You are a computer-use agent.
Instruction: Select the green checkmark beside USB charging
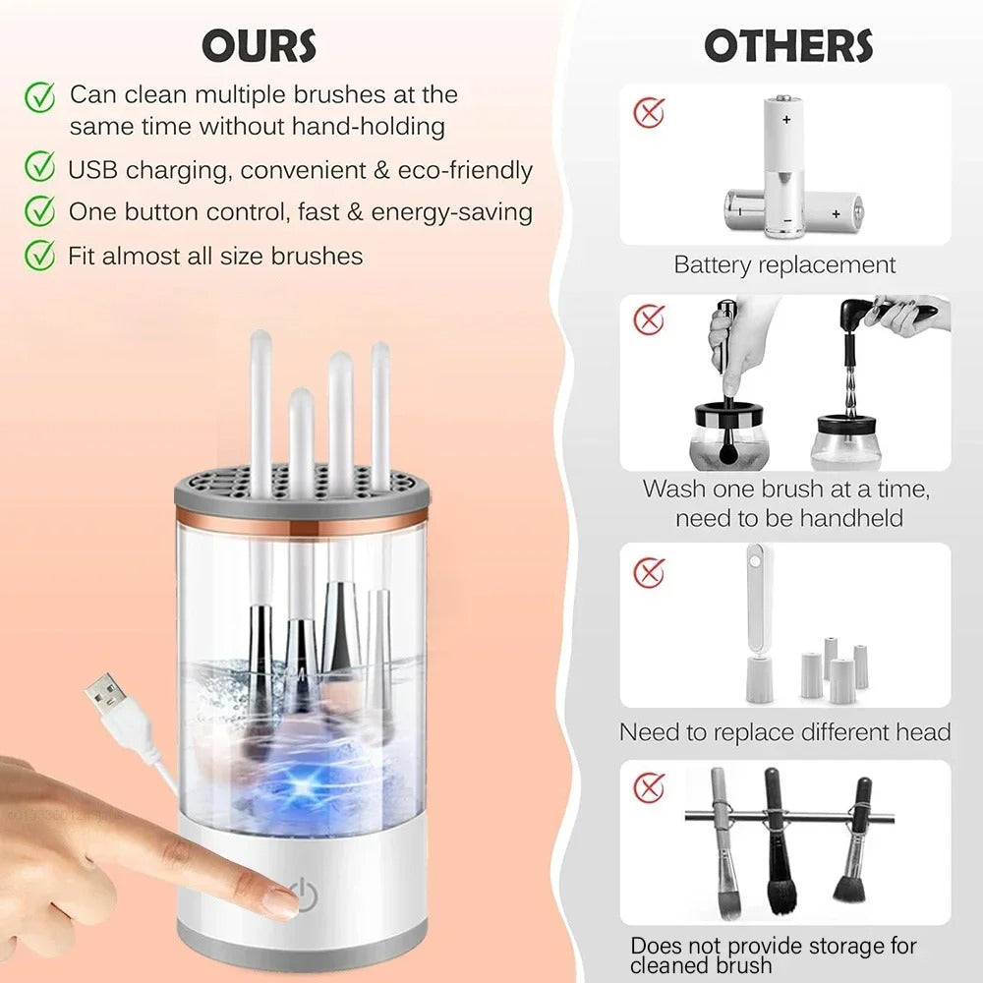click(39, 168)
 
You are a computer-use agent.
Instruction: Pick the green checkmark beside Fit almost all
click(39, 255)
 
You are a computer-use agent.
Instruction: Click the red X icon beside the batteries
click(649, 112)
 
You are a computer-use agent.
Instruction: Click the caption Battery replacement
click(784, 264)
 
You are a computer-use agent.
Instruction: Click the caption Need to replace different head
click(784, 732)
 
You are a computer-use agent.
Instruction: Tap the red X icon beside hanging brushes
click(649, 786)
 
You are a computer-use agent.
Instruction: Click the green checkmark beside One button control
click(39, 210)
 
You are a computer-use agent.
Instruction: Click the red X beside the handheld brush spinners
click(649, 319)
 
